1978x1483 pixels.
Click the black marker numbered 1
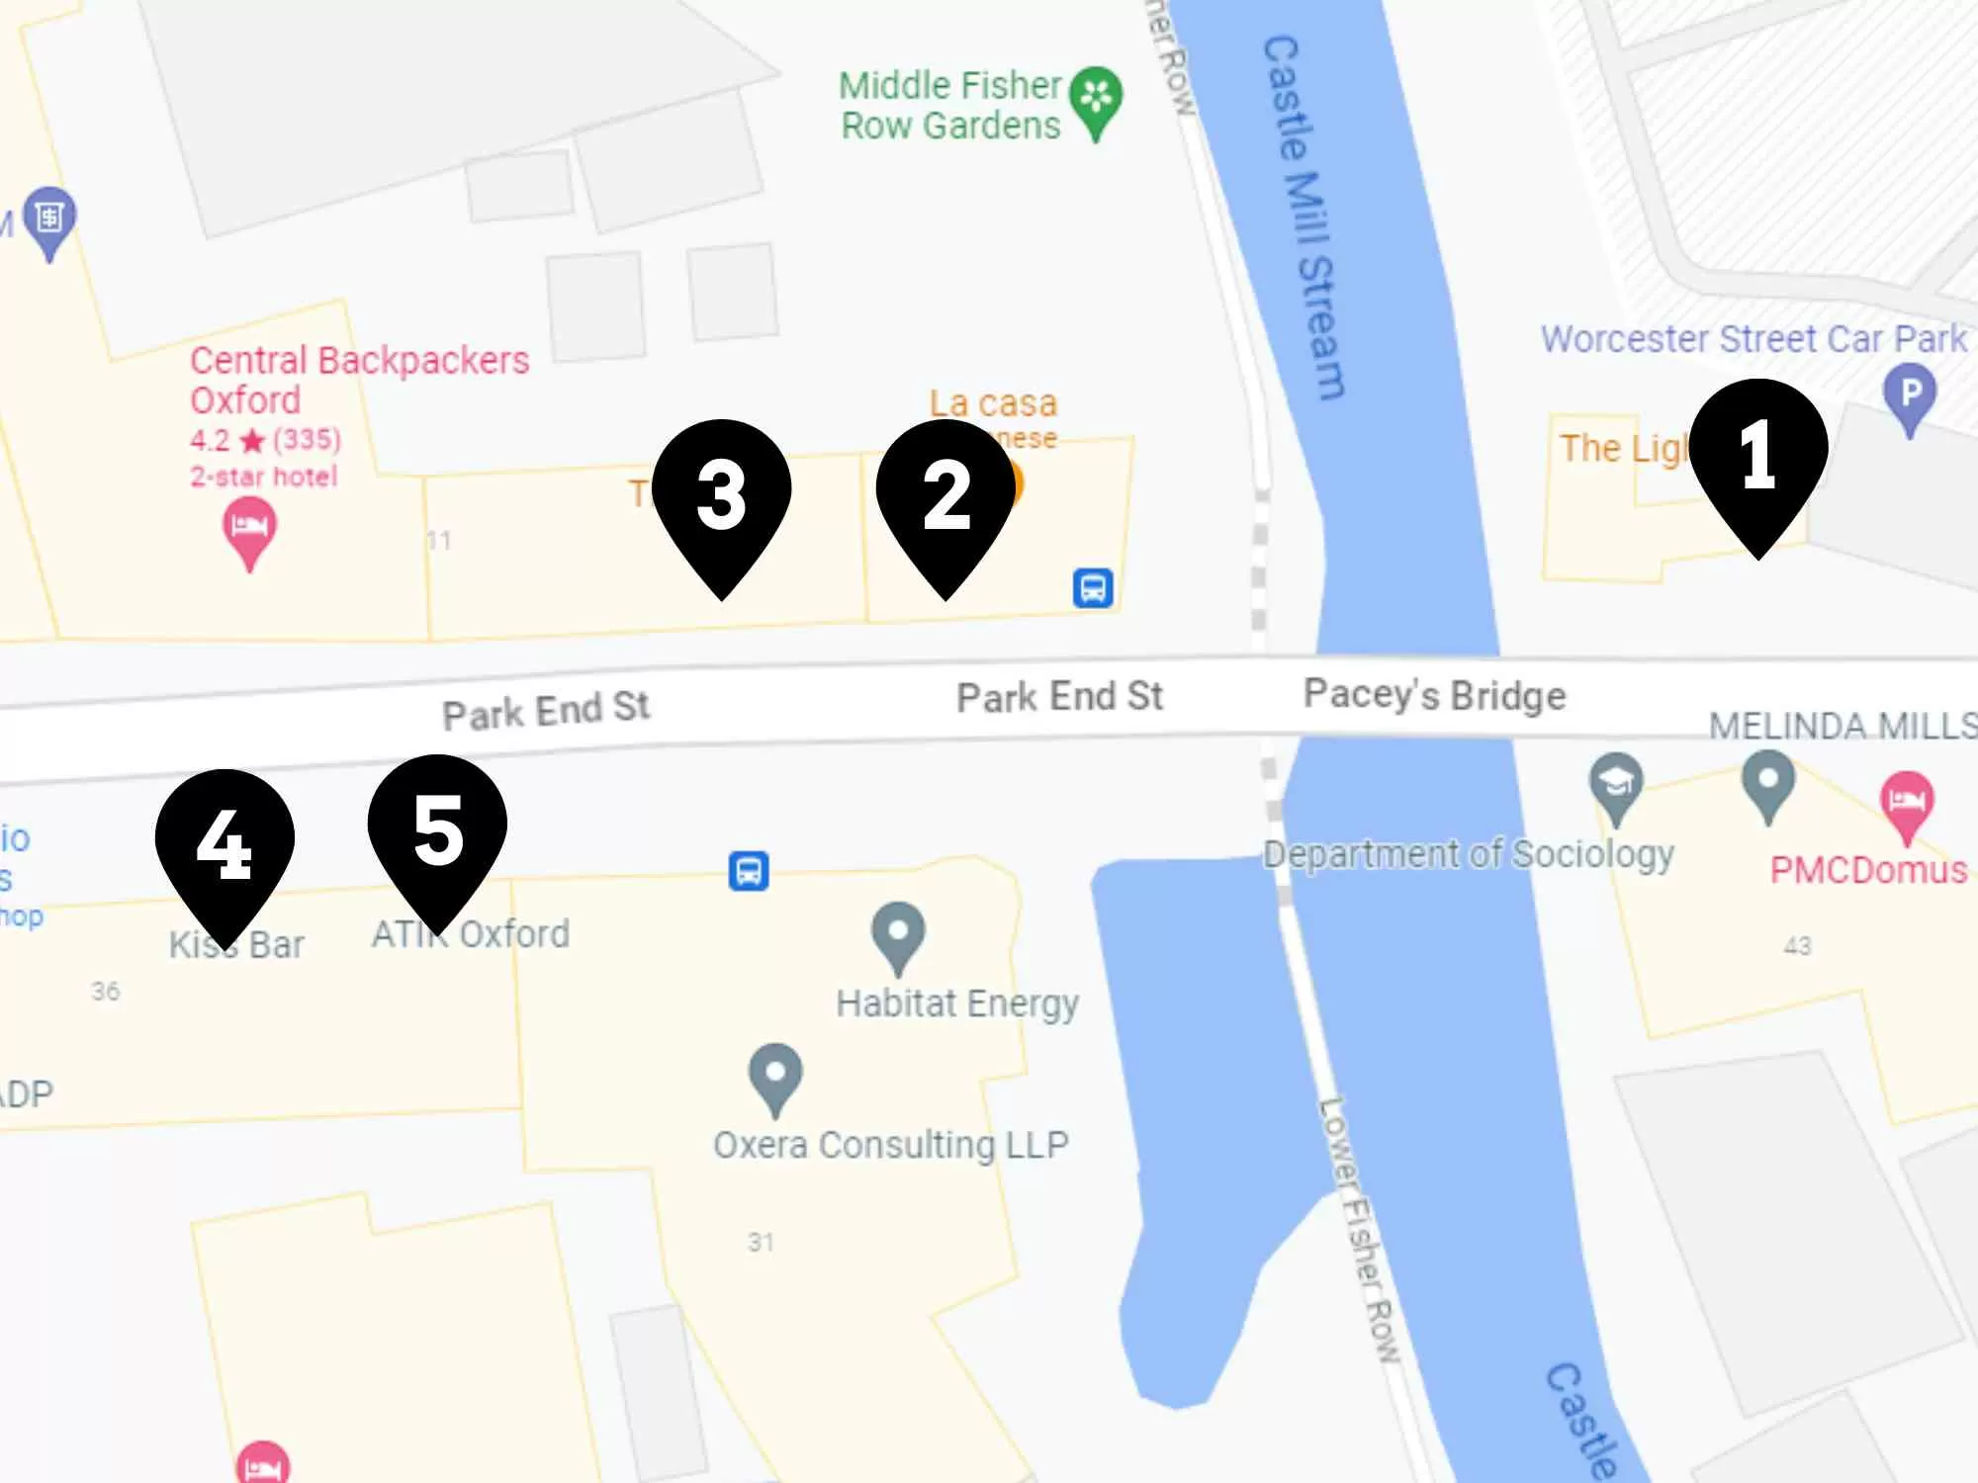1757,457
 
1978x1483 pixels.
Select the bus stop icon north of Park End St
1093,588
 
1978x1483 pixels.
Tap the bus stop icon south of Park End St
749,871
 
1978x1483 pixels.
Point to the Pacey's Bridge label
1434,695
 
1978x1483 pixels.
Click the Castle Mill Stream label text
1304,218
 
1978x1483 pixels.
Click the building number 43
1797,946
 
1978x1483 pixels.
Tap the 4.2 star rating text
265,439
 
